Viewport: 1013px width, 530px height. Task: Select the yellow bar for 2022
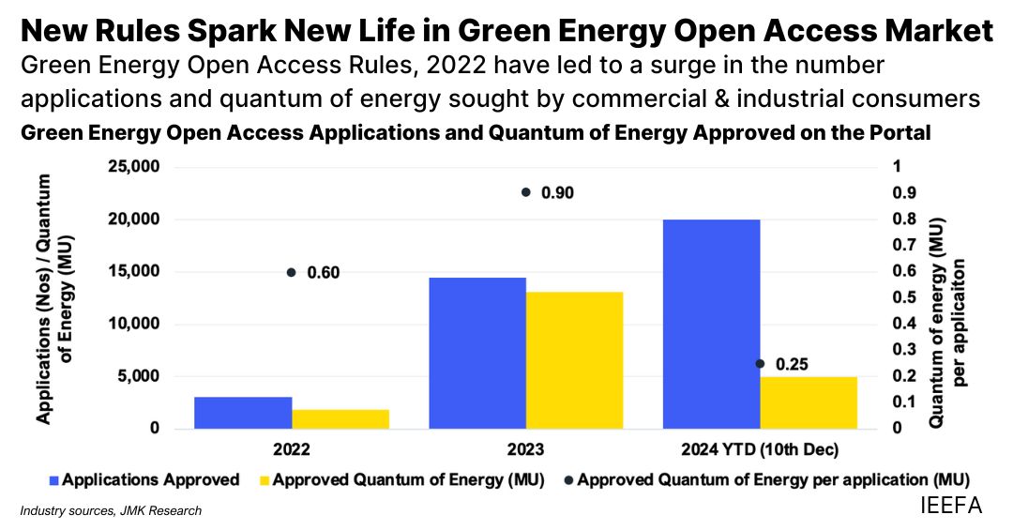[x=340, y=419]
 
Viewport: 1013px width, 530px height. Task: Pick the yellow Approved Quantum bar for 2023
[x=574, y=360]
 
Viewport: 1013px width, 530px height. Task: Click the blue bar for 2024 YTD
[x=711, y=325]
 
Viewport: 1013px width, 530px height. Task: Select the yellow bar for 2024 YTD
[x=809, y=402]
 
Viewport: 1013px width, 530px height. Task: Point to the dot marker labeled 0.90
[x=526, y=192]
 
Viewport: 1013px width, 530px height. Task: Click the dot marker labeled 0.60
[x=292, y=272]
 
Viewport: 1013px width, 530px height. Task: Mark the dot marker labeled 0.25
[x=760, y=363]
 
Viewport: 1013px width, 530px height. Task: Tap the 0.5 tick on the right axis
[x=901, y=297]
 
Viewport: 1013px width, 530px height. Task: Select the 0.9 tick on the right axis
[x=901, y=193]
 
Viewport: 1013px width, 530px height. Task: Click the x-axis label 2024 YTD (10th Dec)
[x=760, y=448]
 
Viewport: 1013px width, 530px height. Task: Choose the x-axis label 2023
[x=525, y=448]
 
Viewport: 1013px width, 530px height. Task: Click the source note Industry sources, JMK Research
[x=111, y=511]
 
